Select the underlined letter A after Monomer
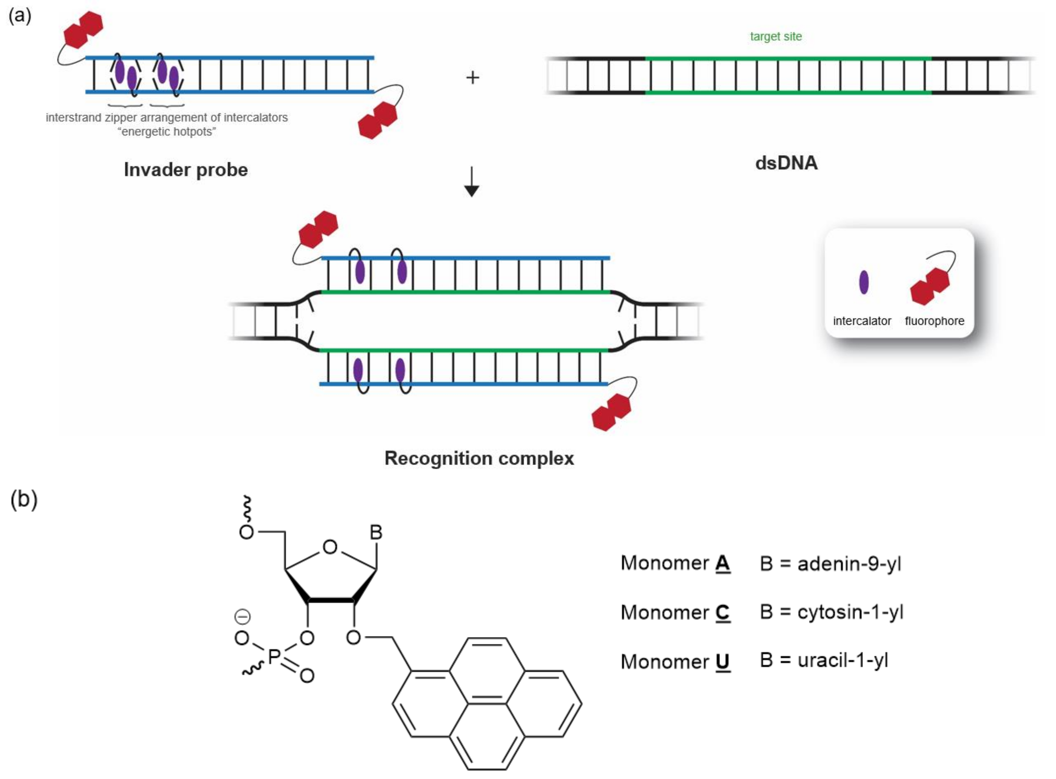click(x=722, y=563)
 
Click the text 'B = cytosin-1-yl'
click(x=831, y=612)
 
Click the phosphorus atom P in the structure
click(x=274, y=657)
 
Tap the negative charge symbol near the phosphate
click(x=242, y=616)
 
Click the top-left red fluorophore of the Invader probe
click(x=83, y=30)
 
